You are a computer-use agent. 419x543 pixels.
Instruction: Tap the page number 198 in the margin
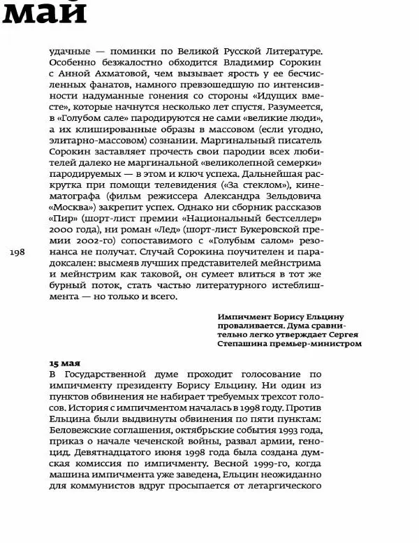click(x=18, y=254)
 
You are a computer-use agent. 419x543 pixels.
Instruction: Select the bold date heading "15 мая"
click(x=64, y=363)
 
